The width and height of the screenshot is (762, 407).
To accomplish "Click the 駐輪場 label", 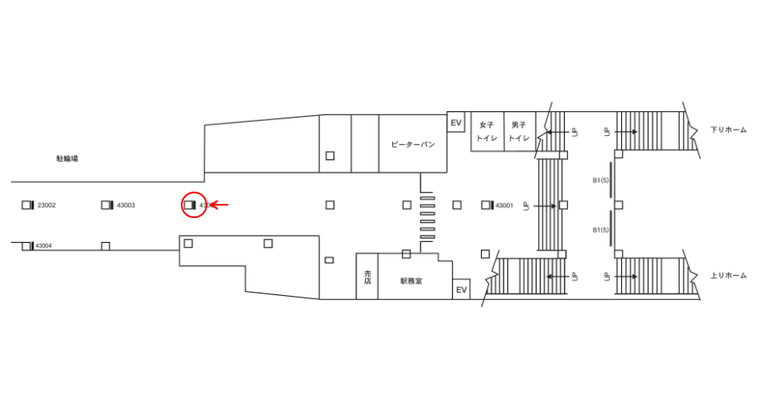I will coord(67,157).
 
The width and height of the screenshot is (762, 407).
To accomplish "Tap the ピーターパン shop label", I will coord(413,144).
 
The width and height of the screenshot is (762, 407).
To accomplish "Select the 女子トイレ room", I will coord(486,132).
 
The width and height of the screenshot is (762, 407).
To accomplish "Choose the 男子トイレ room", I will coord(519,132).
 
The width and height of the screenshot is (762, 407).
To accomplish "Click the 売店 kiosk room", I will coord(366,277).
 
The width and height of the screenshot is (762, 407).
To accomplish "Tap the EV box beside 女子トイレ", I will coord(455,123).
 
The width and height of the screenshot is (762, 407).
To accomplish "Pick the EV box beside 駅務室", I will coord(461,289).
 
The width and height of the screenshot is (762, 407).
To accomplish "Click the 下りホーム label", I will coord(729,130).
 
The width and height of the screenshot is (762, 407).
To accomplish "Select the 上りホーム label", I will coord(729,275).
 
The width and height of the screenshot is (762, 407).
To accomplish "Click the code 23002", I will coord(46,205).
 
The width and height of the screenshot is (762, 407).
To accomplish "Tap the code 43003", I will coord(126,205).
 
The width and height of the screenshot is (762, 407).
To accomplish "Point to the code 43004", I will coord(43,245).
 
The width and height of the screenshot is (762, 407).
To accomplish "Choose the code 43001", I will coord(504,205).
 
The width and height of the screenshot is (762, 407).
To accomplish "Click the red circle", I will coord(193,205).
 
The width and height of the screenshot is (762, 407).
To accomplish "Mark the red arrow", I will coord(218,205).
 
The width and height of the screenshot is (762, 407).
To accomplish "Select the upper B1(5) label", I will coord(601,180).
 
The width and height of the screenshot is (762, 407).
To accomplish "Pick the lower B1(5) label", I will coord(601,230).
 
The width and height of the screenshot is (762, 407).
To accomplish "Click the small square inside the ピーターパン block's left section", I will coord(330,155).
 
